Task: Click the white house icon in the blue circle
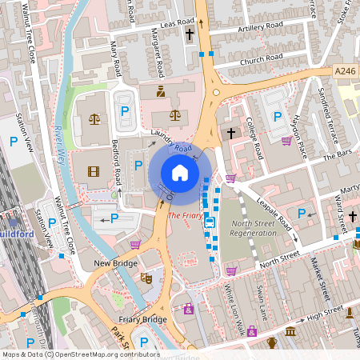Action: coord(180,173)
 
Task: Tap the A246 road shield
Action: coord(345,72)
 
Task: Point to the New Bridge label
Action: coord(112,262)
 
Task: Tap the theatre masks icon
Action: coord(146,278)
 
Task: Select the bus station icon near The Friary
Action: coord(210,222)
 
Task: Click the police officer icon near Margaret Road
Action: coord(161,91)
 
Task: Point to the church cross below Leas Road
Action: coord(190,34)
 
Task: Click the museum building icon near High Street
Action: coord(290,331)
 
